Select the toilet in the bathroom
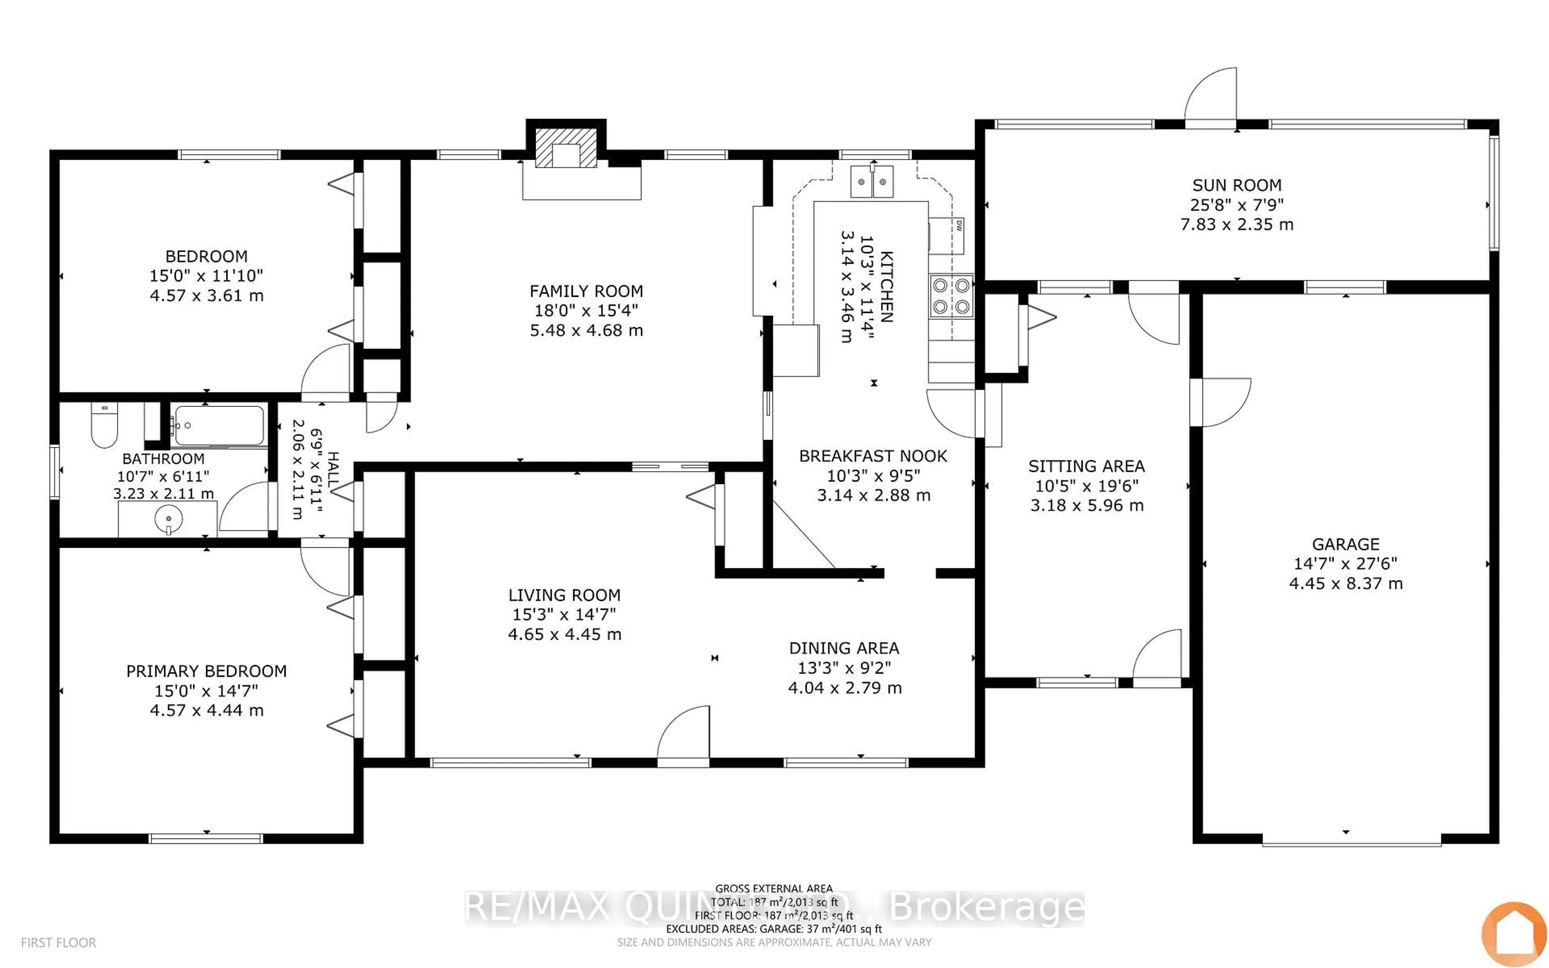104,426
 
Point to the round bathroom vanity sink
168,517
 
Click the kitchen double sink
872,182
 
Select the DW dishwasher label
959,225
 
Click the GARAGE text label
1345,544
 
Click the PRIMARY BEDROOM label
206,671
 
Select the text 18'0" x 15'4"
586,311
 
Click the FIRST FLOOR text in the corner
58,943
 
